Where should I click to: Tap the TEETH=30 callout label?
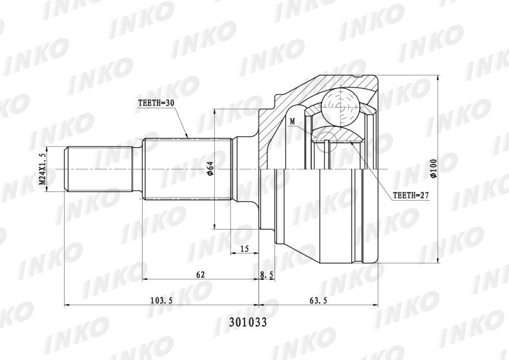tap(156, 103)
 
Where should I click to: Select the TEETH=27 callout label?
tap(411, 196)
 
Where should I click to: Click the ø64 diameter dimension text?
tap(210, 169)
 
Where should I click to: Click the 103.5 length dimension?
tap(161, 300)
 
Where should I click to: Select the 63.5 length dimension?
tap(318, 300)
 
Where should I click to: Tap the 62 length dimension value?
tap(200, 274)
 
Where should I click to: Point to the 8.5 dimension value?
tap(267, 274)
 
